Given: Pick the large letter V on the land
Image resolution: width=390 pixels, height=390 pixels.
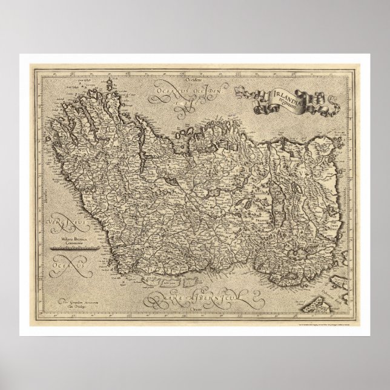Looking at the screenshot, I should coord(298,171).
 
